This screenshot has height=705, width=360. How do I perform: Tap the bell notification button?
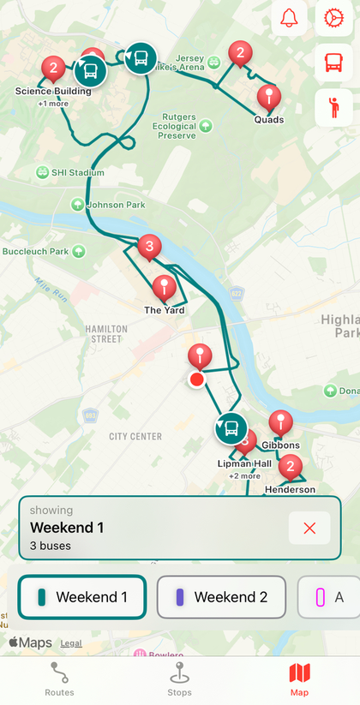289,17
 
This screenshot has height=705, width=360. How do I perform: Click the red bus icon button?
333,62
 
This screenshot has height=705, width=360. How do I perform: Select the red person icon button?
333,107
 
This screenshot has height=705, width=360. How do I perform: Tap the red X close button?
309,528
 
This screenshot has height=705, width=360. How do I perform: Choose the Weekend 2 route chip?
221,597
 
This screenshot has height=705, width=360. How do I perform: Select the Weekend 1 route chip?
82,597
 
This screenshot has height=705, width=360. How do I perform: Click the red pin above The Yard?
164,288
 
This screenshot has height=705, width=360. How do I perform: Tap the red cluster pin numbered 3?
150,248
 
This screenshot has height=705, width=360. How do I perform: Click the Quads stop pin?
269,98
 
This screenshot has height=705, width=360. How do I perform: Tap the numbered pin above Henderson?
291,467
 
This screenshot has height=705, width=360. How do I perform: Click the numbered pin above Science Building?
54,68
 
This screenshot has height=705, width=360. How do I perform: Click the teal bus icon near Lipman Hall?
230,428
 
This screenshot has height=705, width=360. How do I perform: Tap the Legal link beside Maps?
71,642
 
